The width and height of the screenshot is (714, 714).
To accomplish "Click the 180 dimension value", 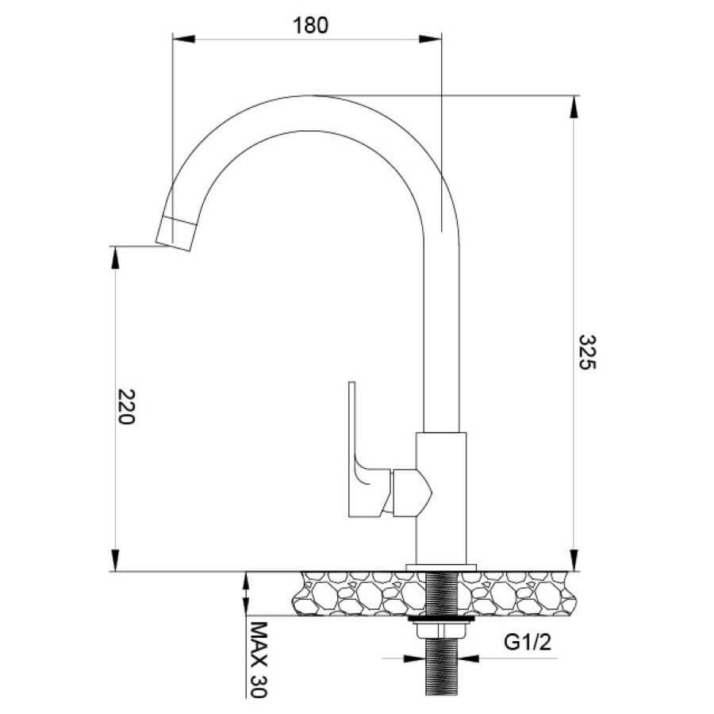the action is (310, 25).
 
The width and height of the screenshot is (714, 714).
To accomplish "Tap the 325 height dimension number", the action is (587, 352).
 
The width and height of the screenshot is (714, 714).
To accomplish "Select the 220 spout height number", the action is (126, 407).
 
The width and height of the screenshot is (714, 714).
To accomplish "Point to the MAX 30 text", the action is (259, 659).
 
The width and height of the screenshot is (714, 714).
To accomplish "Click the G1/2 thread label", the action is (528, 642).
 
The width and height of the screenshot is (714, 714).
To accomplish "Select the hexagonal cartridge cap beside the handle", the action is (412, 493).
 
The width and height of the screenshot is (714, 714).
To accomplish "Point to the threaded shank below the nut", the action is (441, 667).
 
